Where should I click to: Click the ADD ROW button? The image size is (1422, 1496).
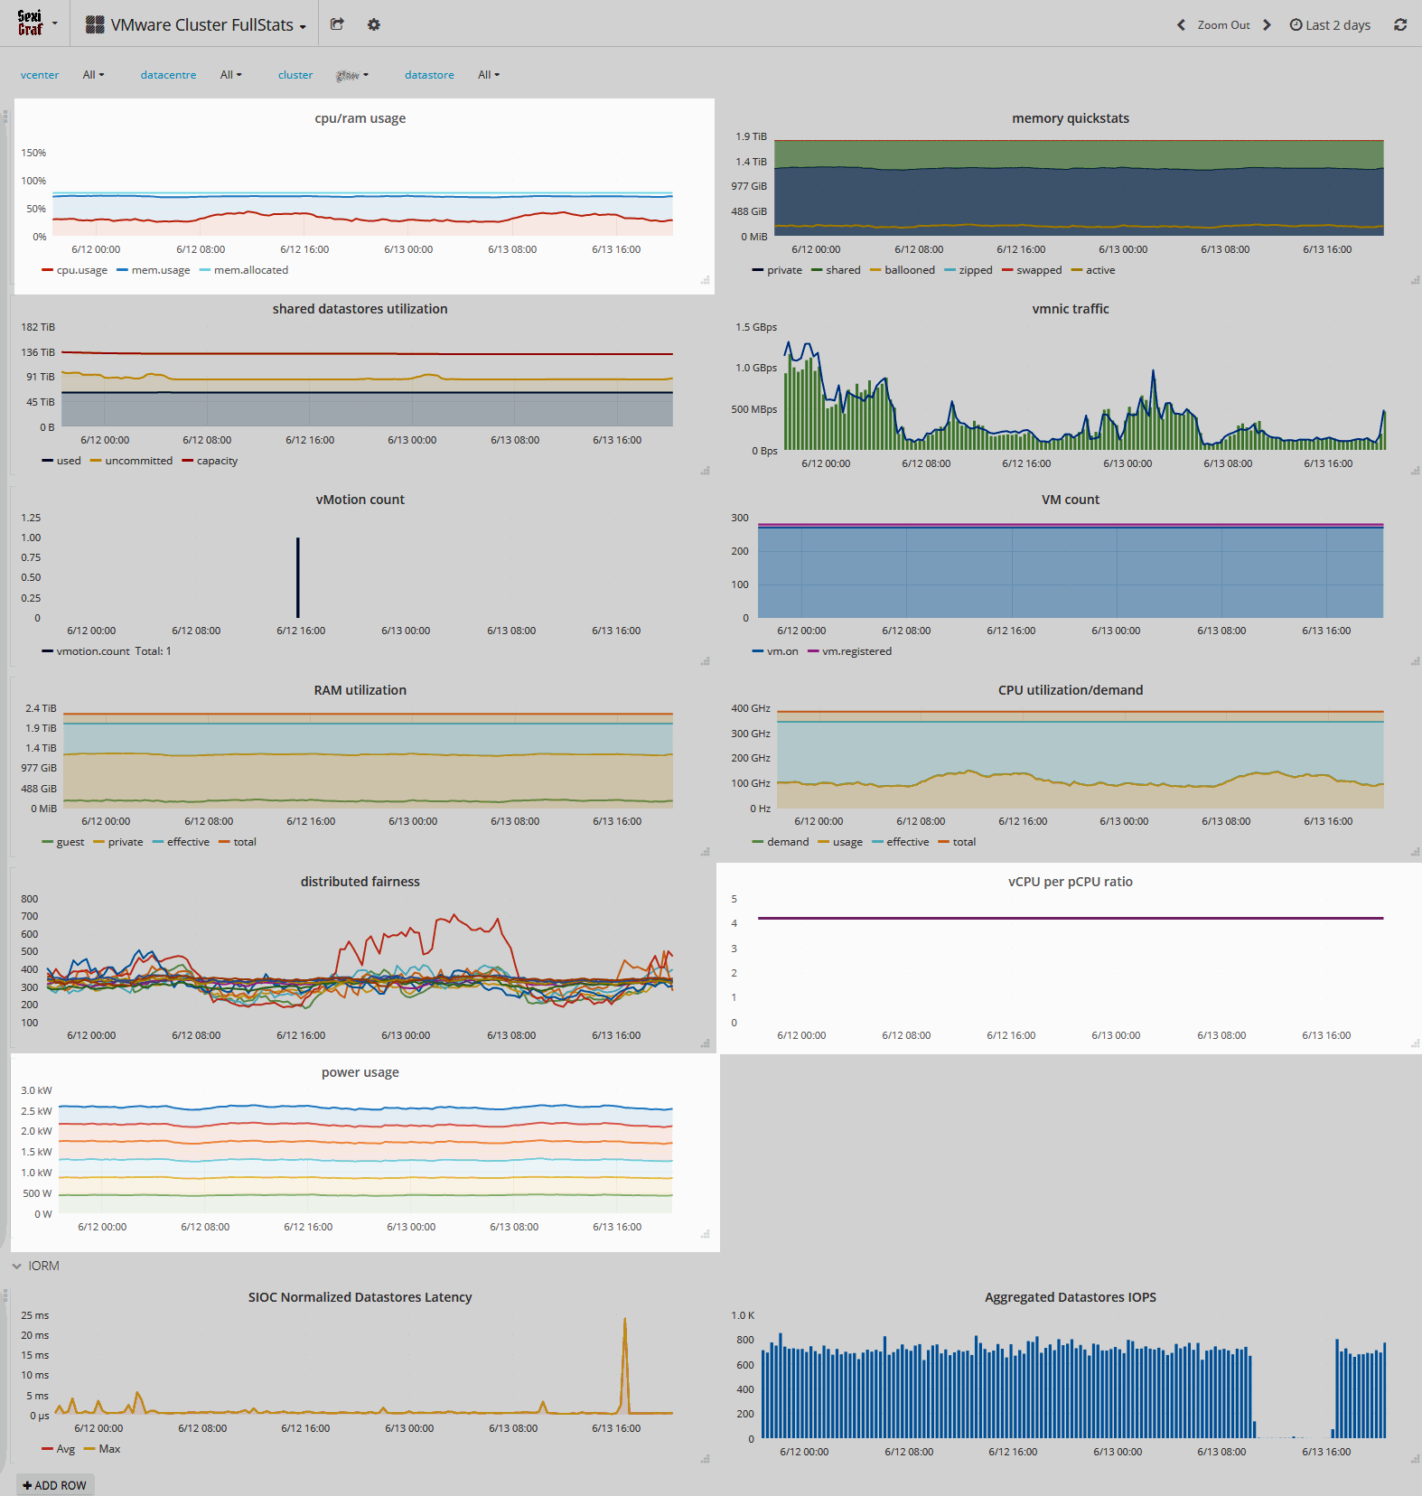click(55, 1485)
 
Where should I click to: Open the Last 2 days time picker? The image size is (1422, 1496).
click(1330, 25)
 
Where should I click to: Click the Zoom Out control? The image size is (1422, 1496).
click(1223, 25)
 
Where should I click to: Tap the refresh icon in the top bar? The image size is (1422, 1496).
click(1400, 25)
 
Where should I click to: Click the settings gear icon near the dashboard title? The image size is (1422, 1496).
click(374, 25)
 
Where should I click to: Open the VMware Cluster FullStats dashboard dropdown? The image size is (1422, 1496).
click(196, 25)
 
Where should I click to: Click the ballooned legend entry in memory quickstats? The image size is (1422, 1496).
click(909, 270)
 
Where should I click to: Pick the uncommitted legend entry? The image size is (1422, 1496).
click(138, 461)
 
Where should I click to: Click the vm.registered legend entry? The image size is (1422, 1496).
click(856, 651)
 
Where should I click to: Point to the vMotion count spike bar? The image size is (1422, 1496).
click(298, 578)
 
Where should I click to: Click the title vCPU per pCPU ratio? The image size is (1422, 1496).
click(1070, 882)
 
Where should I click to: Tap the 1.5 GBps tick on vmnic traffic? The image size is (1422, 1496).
click(756, 327)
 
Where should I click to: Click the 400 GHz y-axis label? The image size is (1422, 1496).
click(751, 708)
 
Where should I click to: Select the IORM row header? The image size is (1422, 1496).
click(43, 1266)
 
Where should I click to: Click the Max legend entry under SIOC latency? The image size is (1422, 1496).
click(108, 1449)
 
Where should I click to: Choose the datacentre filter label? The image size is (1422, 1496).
click(168, 75)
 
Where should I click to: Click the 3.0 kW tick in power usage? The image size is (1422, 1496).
click(37, 1090)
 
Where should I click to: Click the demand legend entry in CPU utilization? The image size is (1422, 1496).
click(787, 842)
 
